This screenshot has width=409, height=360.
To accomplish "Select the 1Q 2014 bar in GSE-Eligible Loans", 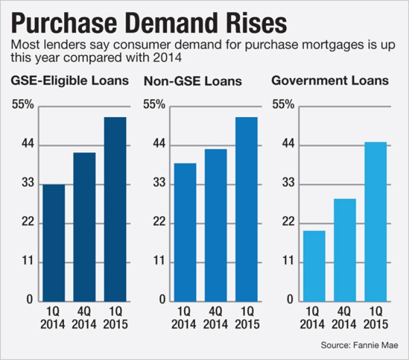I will click(x=54, y=242).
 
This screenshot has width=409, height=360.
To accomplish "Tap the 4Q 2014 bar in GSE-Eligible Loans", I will click(x=85, y=227).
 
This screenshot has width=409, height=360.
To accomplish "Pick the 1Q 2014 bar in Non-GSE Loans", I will click(x=185, y=232).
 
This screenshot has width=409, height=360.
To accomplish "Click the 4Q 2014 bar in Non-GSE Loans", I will click(x=216, y=225).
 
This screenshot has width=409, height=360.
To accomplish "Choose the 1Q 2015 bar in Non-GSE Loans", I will click(x=246, y=209).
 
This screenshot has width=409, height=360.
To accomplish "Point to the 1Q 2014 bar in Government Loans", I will click(x=314, y=265).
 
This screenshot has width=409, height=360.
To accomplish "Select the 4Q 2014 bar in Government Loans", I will click(x=345, y=249).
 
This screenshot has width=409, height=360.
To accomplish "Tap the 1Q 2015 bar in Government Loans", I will click(x=375, y=221).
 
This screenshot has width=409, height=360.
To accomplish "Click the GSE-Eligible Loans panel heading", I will click(x=70, y=81).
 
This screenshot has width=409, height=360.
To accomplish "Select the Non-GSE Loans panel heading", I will click(x=193, y=81).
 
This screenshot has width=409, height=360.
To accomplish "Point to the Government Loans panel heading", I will click(x=330, y=81).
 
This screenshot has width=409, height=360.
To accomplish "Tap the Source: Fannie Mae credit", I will click(x=364, y=346).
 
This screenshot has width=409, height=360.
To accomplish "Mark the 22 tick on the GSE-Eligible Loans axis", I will click(x=28, y=223).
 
